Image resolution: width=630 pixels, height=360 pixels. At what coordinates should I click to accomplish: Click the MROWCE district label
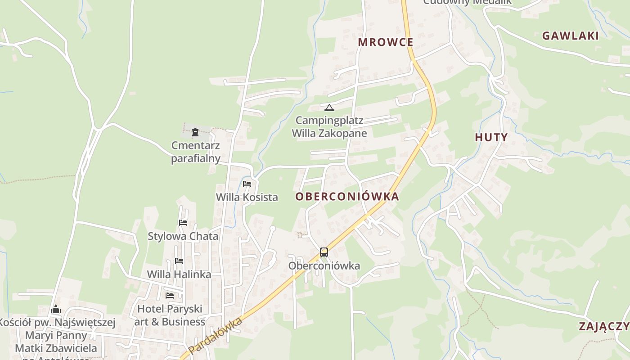(385, 42)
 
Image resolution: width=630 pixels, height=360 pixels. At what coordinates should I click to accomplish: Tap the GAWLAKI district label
(570, 36)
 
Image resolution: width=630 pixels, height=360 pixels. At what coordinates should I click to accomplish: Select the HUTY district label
(491, 138)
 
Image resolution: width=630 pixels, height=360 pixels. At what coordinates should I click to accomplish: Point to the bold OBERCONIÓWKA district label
(347, 197)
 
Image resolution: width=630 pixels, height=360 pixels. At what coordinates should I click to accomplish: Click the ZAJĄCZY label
(603, 327)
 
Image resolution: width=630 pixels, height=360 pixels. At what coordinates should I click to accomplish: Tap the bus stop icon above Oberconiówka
(324, 252)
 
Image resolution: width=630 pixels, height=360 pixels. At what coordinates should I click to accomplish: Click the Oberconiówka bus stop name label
(324, 266)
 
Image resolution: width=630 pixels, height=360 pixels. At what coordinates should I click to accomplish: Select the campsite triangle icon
(329, 108)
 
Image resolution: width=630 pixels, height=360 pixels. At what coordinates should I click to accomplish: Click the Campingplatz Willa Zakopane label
(329, 127)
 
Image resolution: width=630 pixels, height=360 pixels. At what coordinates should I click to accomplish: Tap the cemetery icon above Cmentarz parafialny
(195, 132)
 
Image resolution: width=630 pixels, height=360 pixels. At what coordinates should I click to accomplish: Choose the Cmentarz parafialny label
(196, 152)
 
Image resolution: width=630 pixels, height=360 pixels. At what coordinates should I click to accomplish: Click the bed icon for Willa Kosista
(247, 184)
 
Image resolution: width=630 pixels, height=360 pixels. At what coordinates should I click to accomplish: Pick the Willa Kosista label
(247, 197)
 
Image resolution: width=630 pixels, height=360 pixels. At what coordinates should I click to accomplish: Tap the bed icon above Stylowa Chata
(183, 222)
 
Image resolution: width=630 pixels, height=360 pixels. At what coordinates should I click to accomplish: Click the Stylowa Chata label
(183, 236)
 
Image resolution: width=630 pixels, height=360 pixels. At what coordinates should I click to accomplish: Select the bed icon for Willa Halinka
(179, 261)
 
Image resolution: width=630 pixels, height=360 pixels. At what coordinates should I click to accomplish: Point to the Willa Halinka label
(179, 274)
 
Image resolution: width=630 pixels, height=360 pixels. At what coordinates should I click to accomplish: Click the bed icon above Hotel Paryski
(170, 295)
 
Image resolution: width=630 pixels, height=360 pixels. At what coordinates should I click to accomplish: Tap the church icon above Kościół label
(56, 309)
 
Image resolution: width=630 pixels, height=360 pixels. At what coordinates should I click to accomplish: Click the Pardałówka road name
(215, 336)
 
